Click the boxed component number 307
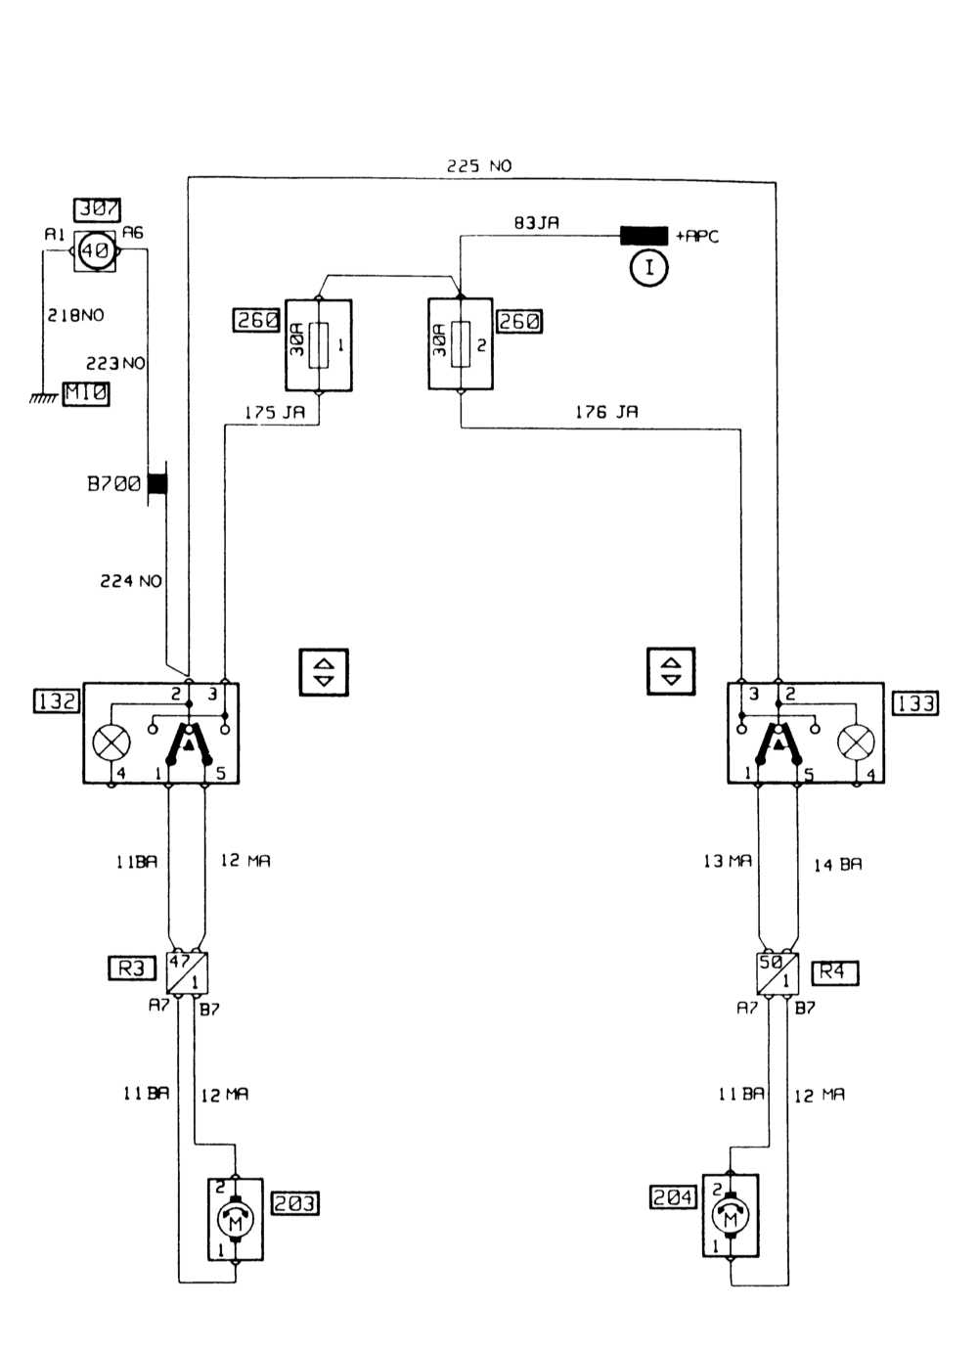98,209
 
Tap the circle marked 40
95,251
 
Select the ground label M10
86,393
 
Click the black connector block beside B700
156,483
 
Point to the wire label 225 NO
479,166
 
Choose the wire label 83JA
537,223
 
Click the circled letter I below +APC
648,267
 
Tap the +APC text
696,237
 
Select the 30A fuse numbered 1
319,345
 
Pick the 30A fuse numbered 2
461,345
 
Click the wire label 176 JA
606,413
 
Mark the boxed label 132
57,701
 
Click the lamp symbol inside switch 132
111,743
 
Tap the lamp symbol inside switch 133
857,743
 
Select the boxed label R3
131,968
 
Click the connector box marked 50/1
778,972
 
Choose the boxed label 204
673,1197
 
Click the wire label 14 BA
838,865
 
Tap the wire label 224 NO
131,581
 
